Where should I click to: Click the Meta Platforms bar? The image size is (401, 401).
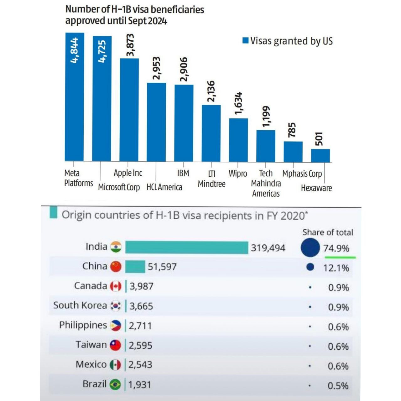pos(74,97)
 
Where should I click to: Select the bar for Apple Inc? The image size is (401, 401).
pos(129,110)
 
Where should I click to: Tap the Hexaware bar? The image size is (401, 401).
pos(320,155)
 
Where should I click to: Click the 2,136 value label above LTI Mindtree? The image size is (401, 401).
pos(211,91)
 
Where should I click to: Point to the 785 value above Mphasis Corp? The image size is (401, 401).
pos(292,130)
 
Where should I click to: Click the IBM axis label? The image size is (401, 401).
pos(183,173)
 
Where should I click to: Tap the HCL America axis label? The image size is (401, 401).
pos(164,187)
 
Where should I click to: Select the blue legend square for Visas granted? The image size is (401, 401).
pos(245,41)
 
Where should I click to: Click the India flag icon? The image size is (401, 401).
pos(116,247)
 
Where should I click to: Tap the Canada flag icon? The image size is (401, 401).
pos(116,286)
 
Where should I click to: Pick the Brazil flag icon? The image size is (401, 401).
pos(115,384)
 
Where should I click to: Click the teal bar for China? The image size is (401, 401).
pos(135,267)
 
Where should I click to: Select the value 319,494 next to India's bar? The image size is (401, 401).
pos(268,248)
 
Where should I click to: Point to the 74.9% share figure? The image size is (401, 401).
pos(336,248)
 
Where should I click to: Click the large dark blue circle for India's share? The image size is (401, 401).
pos(310,247)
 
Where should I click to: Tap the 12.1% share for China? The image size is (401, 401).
pos(336,268)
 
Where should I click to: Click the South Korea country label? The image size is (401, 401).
pos(80,305)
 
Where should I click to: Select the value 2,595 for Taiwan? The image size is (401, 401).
pos(140,345)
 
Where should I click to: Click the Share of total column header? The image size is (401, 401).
pos(328,232)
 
